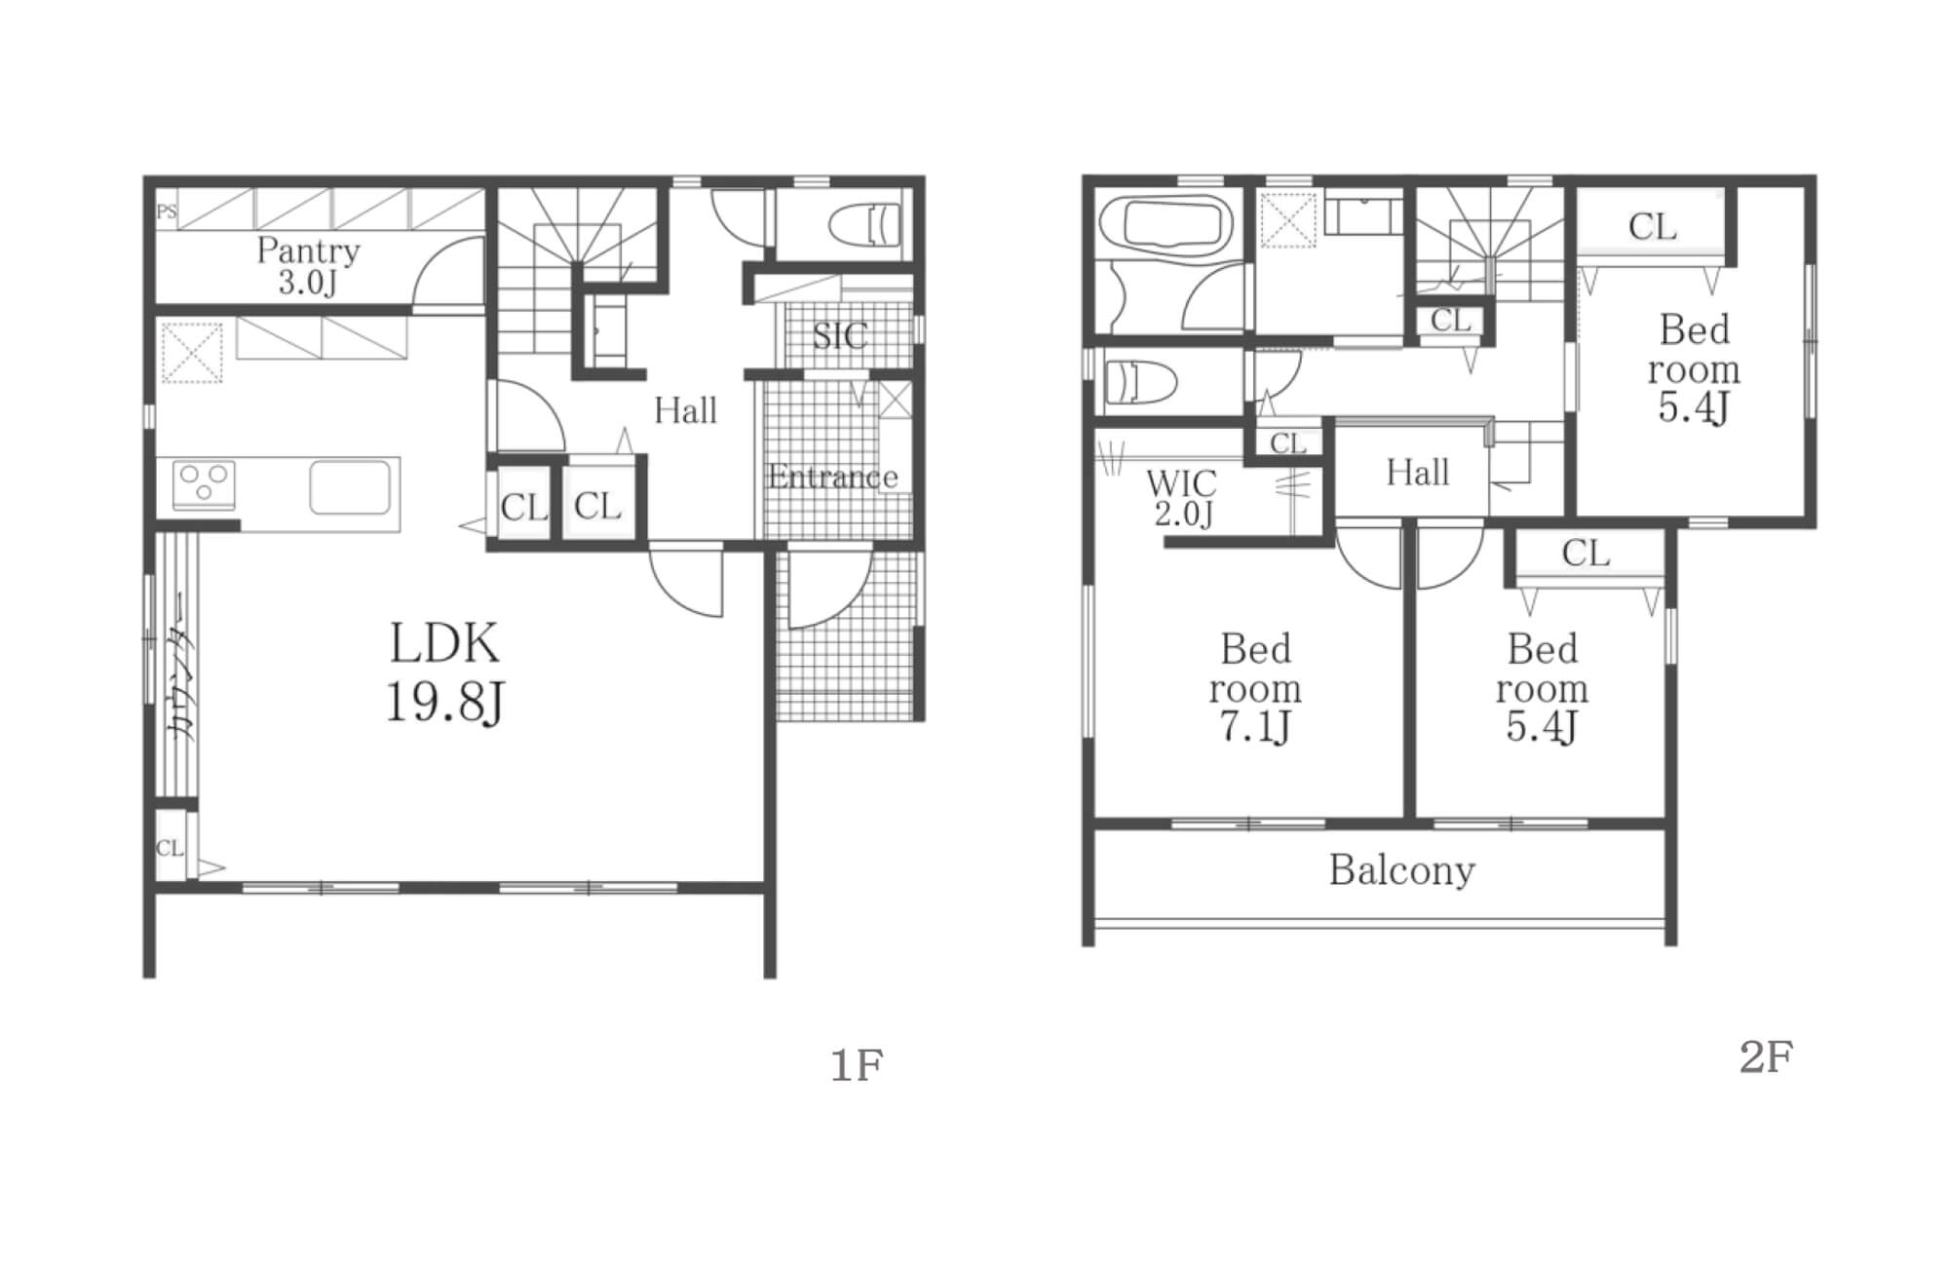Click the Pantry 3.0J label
point(308,266)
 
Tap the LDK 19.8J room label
point(445,672)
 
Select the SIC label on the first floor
point(839,336)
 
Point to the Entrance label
point(832,477)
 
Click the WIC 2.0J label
point(1182,497)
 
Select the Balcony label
point(1401,870)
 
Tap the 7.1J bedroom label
point(1255,688)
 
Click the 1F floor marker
point(856,1066)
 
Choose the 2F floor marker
point(1766,1056)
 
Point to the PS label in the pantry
point(167,211)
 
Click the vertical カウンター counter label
point(181,667)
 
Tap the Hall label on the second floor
point(1418,474)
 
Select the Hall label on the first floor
point(685,410)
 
